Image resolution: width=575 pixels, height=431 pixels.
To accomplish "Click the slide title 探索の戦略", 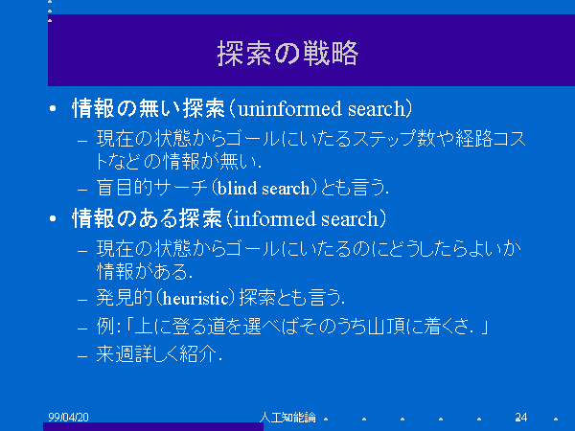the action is [287, 54].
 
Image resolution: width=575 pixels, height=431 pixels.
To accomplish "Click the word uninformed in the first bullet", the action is [290, 109].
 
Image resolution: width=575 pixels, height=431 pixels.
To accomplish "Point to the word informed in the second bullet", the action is [275, 218].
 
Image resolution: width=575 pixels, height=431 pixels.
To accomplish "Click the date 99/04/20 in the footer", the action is [69, 417].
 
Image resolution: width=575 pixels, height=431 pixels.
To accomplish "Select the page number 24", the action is [521, 417].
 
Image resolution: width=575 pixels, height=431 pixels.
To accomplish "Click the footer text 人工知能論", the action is [287, 417].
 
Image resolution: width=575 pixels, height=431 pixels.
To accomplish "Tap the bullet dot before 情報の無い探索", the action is [53, 108].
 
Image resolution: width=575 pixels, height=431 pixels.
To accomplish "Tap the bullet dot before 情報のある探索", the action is [53, 218].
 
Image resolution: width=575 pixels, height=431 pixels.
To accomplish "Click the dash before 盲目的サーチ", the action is [82, 190].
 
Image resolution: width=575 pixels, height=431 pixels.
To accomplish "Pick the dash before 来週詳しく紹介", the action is [82, 355].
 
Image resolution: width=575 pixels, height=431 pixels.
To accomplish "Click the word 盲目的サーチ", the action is [152, 188].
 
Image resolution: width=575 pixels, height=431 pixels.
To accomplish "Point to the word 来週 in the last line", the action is [115, 353].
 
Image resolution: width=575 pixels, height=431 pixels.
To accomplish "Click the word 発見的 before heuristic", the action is [125, 298].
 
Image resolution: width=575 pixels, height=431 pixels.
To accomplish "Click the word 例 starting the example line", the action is [105, 326].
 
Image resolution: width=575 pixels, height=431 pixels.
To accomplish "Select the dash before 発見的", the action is [82, 300].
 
